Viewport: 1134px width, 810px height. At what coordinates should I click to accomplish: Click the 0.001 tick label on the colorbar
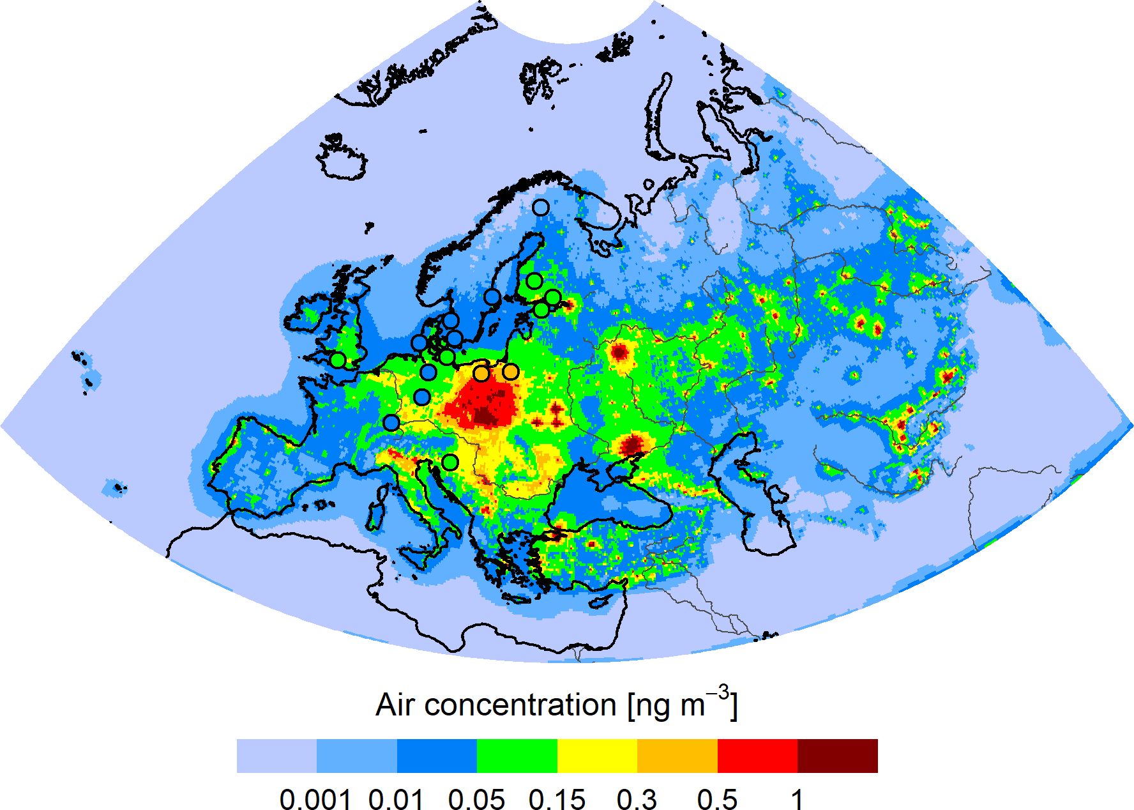315,799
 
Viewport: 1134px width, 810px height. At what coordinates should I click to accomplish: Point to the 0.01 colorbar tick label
396,799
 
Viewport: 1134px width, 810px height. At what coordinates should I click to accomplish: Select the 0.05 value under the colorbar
476,799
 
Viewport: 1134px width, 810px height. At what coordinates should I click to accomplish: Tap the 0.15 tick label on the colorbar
557,799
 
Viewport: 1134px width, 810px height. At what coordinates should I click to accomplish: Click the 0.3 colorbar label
637,799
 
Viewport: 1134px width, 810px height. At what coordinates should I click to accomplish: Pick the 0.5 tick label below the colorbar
717,799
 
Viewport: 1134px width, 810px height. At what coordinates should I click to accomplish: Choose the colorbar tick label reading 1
797,799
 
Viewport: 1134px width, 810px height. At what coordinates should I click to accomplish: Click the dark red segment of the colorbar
837,756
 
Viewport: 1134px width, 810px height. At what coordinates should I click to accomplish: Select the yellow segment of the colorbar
597,756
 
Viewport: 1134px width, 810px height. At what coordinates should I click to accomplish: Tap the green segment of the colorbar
517,756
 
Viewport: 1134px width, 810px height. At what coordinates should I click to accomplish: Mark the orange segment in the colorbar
677,756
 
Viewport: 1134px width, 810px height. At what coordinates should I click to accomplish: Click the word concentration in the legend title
520,705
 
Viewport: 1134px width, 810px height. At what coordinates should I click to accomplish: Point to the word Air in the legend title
396,705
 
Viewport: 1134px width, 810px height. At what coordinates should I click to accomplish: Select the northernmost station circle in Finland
541,208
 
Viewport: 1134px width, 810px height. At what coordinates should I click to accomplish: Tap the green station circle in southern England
338,360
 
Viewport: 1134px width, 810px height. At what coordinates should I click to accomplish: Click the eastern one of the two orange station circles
510,371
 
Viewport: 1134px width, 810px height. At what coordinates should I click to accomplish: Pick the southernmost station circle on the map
450,462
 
